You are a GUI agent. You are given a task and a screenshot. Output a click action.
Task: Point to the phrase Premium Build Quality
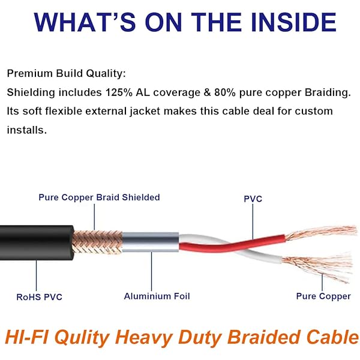pos(67,73)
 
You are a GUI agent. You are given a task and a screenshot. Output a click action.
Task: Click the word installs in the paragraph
pos(26,130)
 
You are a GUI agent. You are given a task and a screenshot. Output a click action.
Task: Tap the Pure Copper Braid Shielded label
pos(99,197)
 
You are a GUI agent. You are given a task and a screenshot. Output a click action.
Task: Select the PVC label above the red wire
pos(253,199)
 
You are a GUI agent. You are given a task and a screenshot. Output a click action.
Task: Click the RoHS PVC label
pos(39,296)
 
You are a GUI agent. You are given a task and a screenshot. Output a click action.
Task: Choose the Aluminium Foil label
pos(152,296)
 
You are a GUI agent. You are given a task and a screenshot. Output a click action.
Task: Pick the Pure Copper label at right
pos(323,296)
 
